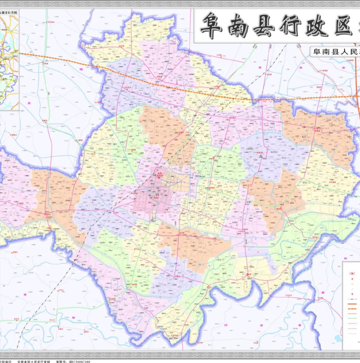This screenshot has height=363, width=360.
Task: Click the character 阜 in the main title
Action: [211, 25]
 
